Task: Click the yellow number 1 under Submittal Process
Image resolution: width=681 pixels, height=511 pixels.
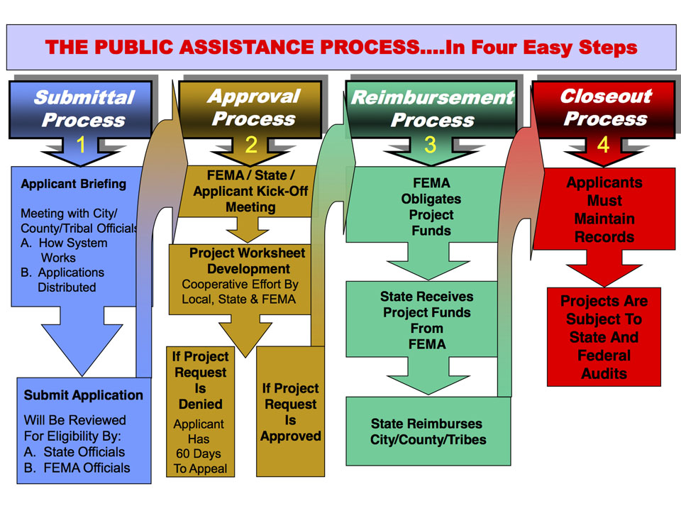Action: pyautogui.click(x=81, y=145)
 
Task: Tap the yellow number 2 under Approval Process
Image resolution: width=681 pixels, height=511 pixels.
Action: pyautogui.click(x=251, y=145)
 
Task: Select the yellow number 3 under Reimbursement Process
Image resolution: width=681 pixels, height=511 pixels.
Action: pyautogui.click(x=430, y=145)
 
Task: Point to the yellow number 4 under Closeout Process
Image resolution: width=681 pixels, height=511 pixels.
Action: pyautogui.click(x=603, y=145)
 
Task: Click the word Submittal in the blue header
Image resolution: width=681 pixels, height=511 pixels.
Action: pyautogui.click(x=84, y=97)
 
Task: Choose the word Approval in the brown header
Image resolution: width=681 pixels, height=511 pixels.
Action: pyautogui.click(x=253, y=96)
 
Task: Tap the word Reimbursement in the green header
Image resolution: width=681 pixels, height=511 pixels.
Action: pyautogui.click(x=432, y=98)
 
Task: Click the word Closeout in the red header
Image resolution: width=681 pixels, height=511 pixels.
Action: pyautogui.click(x=605, y=96)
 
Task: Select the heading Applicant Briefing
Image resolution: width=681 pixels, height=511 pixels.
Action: pyautogui.click(x=74, y=184)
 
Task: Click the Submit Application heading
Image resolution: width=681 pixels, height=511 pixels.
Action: pyautogui.click(x=84, y=395)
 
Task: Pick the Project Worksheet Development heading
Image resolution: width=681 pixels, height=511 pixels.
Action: pyautogui.click(x=248, y=261)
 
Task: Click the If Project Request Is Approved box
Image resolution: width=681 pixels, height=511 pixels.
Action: pyautogui.click(x=291, y=412)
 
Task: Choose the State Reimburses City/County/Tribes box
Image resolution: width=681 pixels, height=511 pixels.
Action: pyautogui.click(x=428, y=432)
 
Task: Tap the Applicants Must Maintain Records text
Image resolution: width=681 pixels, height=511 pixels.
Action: pyautogui.click(x=604, y=209)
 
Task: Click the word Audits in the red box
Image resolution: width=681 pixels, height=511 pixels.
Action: pyautogui.click(x=604, y=373)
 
